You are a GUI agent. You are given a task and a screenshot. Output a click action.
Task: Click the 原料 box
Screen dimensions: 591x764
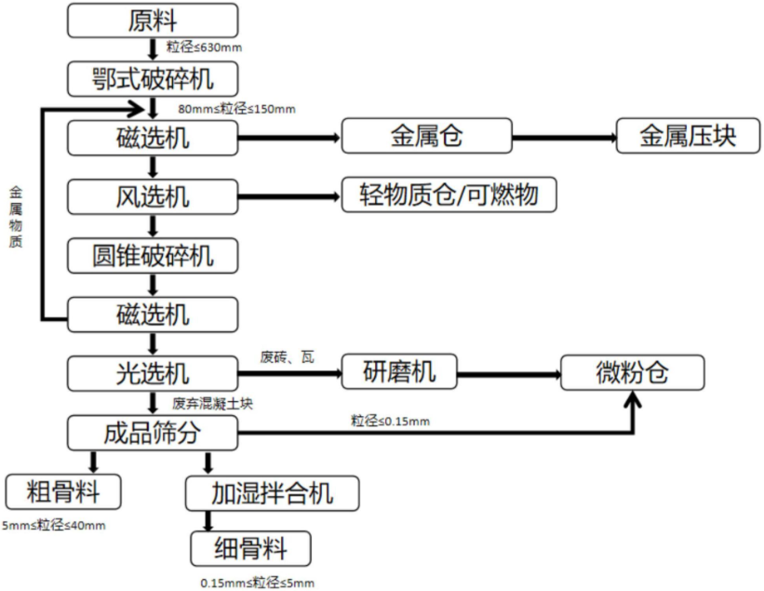154,20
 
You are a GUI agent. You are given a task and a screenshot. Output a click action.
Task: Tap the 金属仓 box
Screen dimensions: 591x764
426,138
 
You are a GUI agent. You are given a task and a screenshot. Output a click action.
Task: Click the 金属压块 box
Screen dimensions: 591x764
687,138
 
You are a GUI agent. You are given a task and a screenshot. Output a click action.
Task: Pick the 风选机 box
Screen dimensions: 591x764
154,196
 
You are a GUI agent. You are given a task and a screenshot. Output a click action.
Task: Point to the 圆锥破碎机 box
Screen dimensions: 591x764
154,254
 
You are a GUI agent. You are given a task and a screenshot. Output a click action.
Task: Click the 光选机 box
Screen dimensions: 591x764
154,373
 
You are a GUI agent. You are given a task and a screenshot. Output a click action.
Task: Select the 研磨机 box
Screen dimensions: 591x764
399,373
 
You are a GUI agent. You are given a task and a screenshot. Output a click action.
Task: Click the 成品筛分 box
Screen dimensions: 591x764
154,431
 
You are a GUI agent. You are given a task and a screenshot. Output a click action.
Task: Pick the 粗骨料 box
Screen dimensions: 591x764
64,490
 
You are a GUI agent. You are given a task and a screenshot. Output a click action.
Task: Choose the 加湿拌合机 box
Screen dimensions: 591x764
272,490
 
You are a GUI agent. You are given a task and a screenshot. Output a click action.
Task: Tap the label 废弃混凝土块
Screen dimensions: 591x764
212,404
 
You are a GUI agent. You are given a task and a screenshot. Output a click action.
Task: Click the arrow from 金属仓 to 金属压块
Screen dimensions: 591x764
565,139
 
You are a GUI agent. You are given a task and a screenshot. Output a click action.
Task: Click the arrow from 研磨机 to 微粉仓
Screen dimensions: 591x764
511,374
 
